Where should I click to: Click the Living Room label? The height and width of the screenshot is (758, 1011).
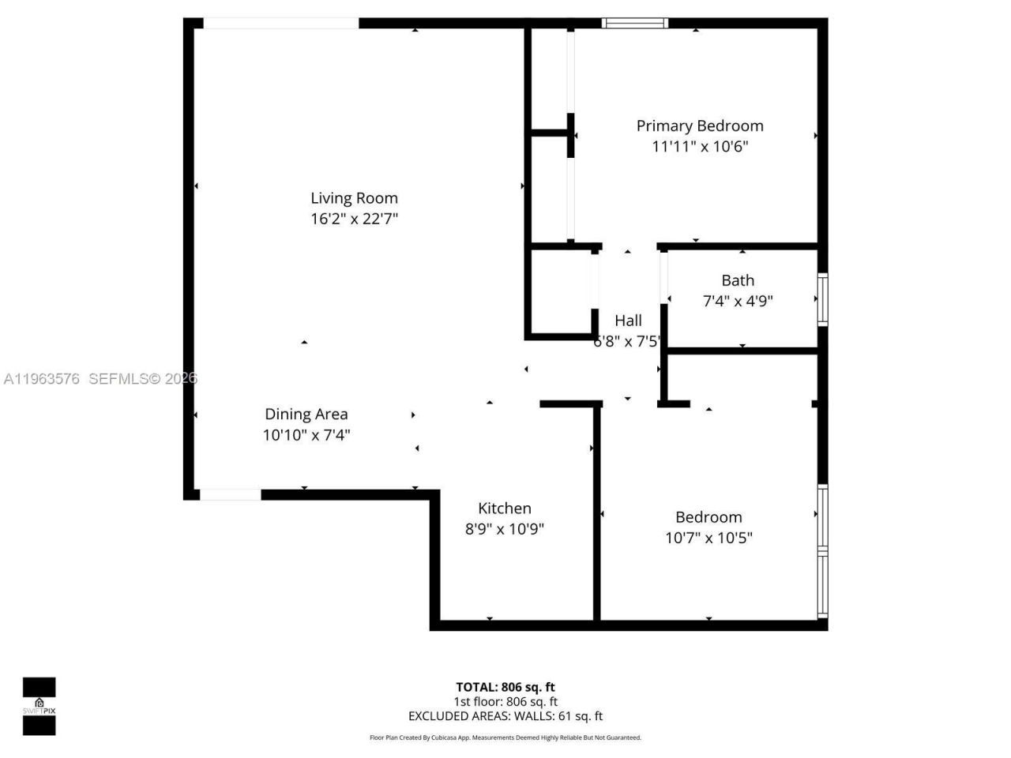click(354, 198)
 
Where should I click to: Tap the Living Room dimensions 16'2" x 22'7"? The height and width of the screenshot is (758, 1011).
click(354, 219)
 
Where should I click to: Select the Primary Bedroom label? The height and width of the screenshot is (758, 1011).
click(700, 126)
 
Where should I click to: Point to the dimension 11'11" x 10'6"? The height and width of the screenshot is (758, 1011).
click(700, 146)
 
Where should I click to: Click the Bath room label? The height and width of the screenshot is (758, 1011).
click(738, 280)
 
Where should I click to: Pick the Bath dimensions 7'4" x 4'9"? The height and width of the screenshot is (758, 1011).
click(738, 301)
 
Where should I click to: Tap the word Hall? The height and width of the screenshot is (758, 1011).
click(628, 321)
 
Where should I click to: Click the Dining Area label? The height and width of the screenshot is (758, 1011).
click(306, 414)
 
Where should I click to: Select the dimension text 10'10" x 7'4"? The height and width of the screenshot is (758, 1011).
click(306, 434)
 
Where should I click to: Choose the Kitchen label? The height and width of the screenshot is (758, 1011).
click(505, 508)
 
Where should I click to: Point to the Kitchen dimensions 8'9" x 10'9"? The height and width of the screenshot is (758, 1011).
click(505, 529)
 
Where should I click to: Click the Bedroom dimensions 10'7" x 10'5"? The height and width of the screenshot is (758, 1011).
click(708, 538)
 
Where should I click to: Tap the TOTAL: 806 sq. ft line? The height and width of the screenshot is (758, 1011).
click(505, 687)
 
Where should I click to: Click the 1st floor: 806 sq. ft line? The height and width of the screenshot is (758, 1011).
click(505, 701)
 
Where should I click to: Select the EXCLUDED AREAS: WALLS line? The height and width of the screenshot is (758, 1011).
click(505, 716)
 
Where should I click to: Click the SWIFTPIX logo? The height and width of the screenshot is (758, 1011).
click(39, 706)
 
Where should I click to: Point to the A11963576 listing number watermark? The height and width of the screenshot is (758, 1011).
click(41, 379)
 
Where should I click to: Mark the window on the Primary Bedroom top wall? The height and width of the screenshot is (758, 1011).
click(634, 23)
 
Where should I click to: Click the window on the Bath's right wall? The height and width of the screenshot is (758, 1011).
click(822, 298)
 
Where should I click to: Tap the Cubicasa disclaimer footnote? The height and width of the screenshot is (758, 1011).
click(505, 737)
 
